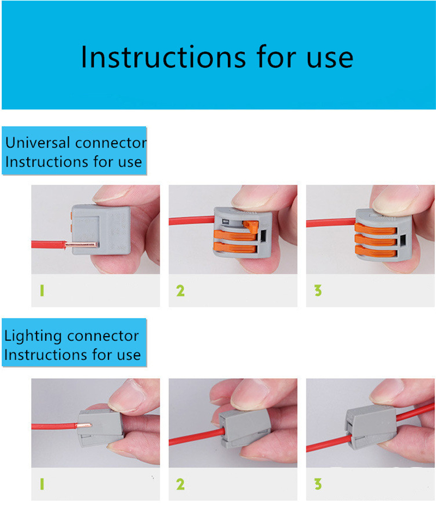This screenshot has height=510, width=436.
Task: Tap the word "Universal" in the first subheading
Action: (x=38, y=142)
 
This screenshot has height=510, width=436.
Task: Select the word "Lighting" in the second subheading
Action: (x=33, y=336)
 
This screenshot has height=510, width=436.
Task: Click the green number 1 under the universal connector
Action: (x=41, y=290)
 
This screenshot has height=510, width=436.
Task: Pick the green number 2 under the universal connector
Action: (x=180, y=290)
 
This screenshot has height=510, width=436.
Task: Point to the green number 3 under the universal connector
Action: (x=318, y=290)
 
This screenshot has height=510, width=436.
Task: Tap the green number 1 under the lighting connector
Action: (x=41, y=484)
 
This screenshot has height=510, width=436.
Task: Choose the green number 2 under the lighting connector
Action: (x=180, y=484)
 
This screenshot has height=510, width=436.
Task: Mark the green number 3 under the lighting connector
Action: (x=318, y=484)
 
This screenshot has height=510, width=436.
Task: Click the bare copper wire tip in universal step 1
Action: (x=81, y=245)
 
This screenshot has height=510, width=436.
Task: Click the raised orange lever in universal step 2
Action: (x=251, y=227)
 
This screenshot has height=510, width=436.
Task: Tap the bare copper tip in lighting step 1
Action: (x=84, y=425)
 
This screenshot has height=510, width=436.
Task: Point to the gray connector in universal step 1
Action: (x=101, y=229)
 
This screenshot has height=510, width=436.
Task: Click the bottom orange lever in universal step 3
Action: (x=376, y=251)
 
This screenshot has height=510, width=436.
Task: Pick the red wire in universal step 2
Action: (x=192, y=221)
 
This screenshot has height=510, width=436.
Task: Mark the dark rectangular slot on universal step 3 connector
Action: (x=403, y=241)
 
